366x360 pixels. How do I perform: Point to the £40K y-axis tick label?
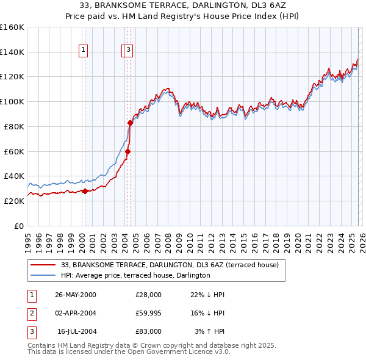pos(13,176)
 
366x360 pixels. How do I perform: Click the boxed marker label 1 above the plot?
pos(83,51)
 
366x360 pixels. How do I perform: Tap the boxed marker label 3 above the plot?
pos(130,51)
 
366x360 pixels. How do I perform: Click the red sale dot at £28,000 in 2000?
pos(85,191)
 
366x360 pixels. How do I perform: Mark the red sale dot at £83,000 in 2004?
pos(130,123)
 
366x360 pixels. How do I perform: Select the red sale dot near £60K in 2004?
pos(127,151)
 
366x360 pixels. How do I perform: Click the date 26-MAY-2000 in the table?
pos(75,295)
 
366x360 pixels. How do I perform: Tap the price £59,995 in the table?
pos(149,313)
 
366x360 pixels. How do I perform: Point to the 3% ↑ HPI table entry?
pos(210,331)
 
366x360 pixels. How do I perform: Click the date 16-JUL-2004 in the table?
pos(75,331)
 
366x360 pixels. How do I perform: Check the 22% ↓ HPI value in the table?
pos(208,295)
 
